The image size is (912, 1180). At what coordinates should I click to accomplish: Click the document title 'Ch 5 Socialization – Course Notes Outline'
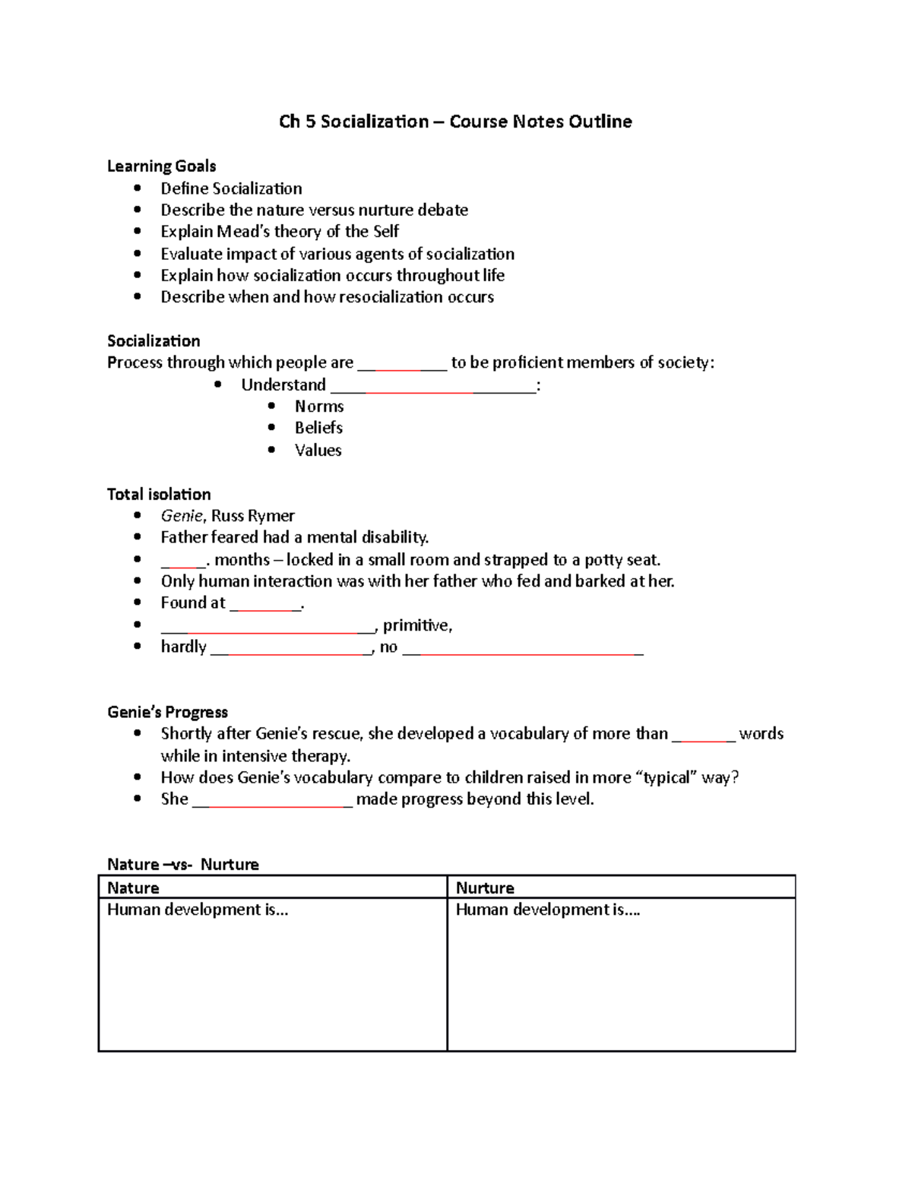coord(455,122)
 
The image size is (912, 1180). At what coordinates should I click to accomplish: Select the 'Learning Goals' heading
coord(161,166)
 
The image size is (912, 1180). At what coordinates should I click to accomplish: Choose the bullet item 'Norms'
coord(319,407)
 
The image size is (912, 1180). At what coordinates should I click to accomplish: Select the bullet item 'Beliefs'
coord(318,428)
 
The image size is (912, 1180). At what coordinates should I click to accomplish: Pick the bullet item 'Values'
coord(318,451)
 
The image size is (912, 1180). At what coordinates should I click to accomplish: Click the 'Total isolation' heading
coord(159,495)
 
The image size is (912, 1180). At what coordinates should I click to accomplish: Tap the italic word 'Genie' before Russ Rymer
coord(182,516)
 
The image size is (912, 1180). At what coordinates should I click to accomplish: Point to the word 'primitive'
coord(416,625)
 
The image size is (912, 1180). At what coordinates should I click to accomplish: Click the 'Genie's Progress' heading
coord(167,713)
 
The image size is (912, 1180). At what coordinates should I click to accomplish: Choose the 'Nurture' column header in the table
coord(485,888)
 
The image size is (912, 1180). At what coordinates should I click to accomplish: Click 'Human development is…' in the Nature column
coord(198,910)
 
